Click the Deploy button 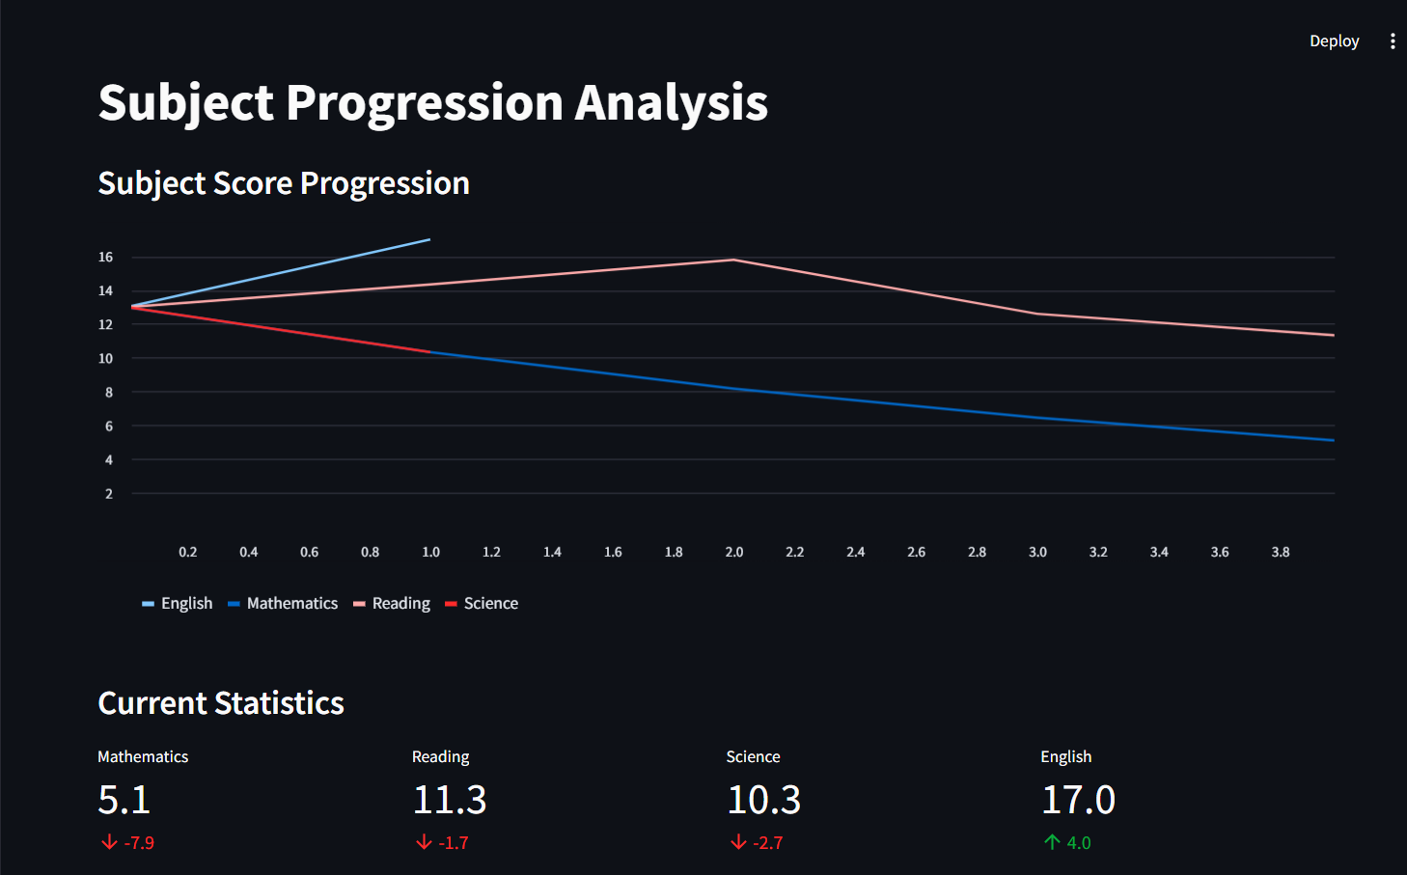pyautogui.click(x=1334, y=41)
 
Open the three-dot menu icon pyautogui.click(x=1393, y=41)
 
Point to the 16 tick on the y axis pyautogui.click(x=105, y=257)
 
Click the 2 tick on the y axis pyautogui.click(x=108, y=493)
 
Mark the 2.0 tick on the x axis pyautogui.click(x=734, y=552)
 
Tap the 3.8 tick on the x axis pyautogui.click(x=1281, y=552)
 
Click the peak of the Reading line pyautogui.click(x=733, y=260)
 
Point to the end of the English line pyautogui.click(x=429, y=239)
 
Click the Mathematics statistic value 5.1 pyautogui.click(x=124, y=800)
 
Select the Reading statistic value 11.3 pyautogui.click(x=450, y=800)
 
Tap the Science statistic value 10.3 pyautogui.click(x=764, y=800)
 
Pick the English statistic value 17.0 pyautogui.click(x=1078, y=800)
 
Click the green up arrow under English pyautogui.click(x=1052, y=842)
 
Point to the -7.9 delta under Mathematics pyautogui.click(x=139, y=842)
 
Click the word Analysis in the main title pyautogui.click(x=672, y=102)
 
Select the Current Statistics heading pyautogui.click(x=221, y=703)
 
